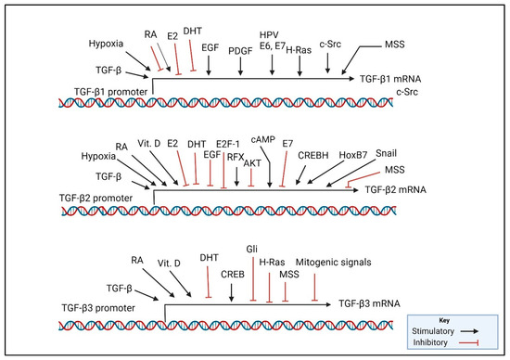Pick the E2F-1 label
coord(228,145)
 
